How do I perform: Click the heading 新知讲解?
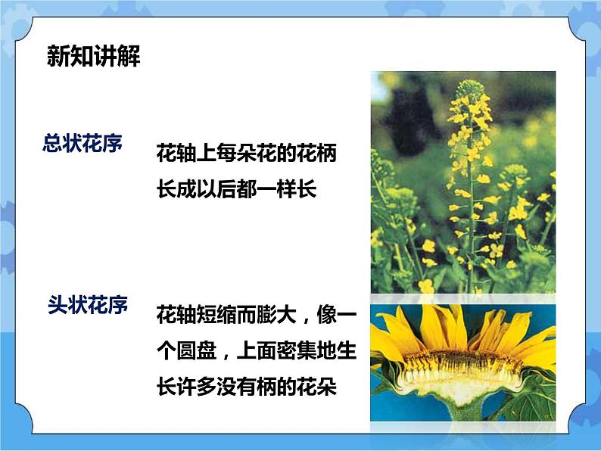pyautogui.click(x=94, y=57)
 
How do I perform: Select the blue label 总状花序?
pyautogui.click(x=84, y=144)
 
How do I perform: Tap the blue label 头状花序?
pyautogui.click(x=88, y=306)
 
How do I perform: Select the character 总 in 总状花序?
pyautogui.click(x=54, y=144)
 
